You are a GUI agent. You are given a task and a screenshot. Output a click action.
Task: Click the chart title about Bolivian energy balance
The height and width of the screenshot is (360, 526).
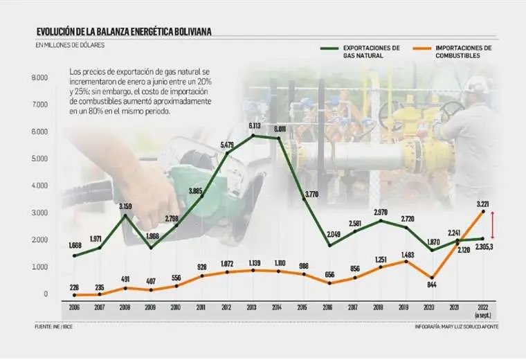click(124, 31)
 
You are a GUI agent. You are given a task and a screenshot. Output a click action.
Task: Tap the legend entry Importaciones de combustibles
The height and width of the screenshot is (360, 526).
click(463, 52)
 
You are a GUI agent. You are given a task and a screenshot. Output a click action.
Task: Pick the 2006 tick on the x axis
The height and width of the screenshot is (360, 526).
click(74, 307)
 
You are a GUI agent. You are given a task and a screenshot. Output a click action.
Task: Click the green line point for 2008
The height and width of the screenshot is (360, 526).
click(125, 215)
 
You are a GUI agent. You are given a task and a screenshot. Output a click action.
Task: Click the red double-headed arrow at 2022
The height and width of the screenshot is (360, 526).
click(491, 224)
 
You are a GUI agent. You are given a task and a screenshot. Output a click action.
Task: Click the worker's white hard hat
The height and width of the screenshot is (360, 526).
click(477, 85)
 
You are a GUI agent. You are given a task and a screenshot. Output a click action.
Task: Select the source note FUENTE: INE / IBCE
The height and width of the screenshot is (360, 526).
click(55, 326)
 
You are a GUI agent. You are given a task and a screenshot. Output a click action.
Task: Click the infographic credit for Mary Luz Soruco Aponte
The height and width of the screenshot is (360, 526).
click(457, 326)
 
